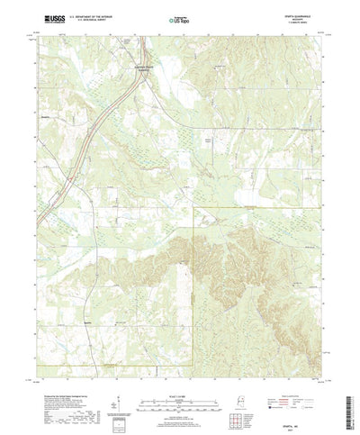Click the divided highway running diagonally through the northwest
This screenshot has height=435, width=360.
[x=99, y=117]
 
